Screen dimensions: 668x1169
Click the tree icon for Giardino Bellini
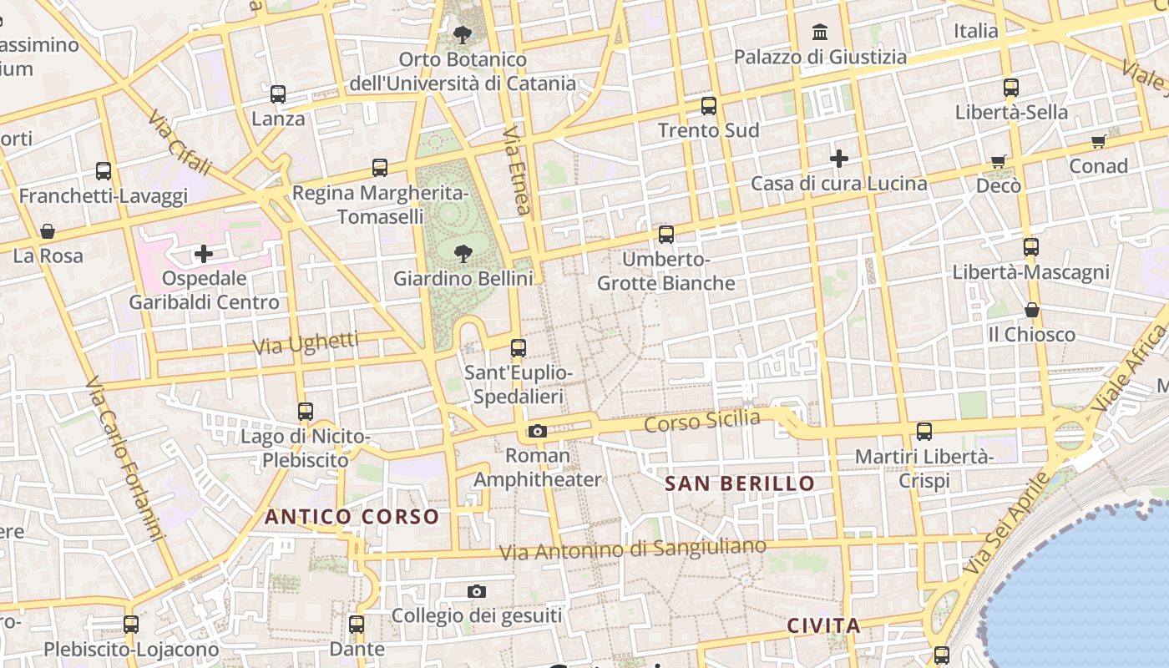coord(463,254)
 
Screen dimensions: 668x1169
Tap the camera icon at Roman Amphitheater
coord(538,432)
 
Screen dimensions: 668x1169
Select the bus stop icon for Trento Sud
coord(709,106)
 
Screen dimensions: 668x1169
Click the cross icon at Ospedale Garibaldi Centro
coord(204,254)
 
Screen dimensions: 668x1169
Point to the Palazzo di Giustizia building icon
coord(820,33)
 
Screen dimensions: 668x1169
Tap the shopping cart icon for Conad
coord(1099,142)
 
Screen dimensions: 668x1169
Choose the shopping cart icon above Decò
coord(999,161)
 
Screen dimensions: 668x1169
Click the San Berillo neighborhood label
coord(740,483)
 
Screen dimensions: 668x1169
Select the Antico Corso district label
coord(352,517)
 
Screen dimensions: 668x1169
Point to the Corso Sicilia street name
coord(702,422)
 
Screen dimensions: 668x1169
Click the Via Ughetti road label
coord(306,343)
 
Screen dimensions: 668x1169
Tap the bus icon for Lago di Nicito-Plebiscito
coord(306,412)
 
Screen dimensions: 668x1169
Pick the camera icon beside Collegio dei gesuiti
coord(477,592)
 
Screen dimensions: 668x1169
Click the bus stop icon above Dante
coord(357,624)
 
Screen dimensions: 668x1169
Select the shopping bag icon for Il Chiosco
coord(1032,311)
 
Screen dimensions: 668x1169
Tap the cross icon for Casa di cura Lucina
coord(839,159)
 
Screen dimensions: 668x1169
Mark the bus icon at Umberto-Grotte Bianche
coord(665,235)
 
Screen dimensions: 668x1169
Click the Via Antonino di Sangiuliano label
coord(632,549)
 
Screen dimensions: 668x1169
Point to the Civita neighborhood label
coord(823,625)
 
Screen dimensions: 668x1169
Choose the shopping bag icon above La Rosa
coord(48,231)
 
